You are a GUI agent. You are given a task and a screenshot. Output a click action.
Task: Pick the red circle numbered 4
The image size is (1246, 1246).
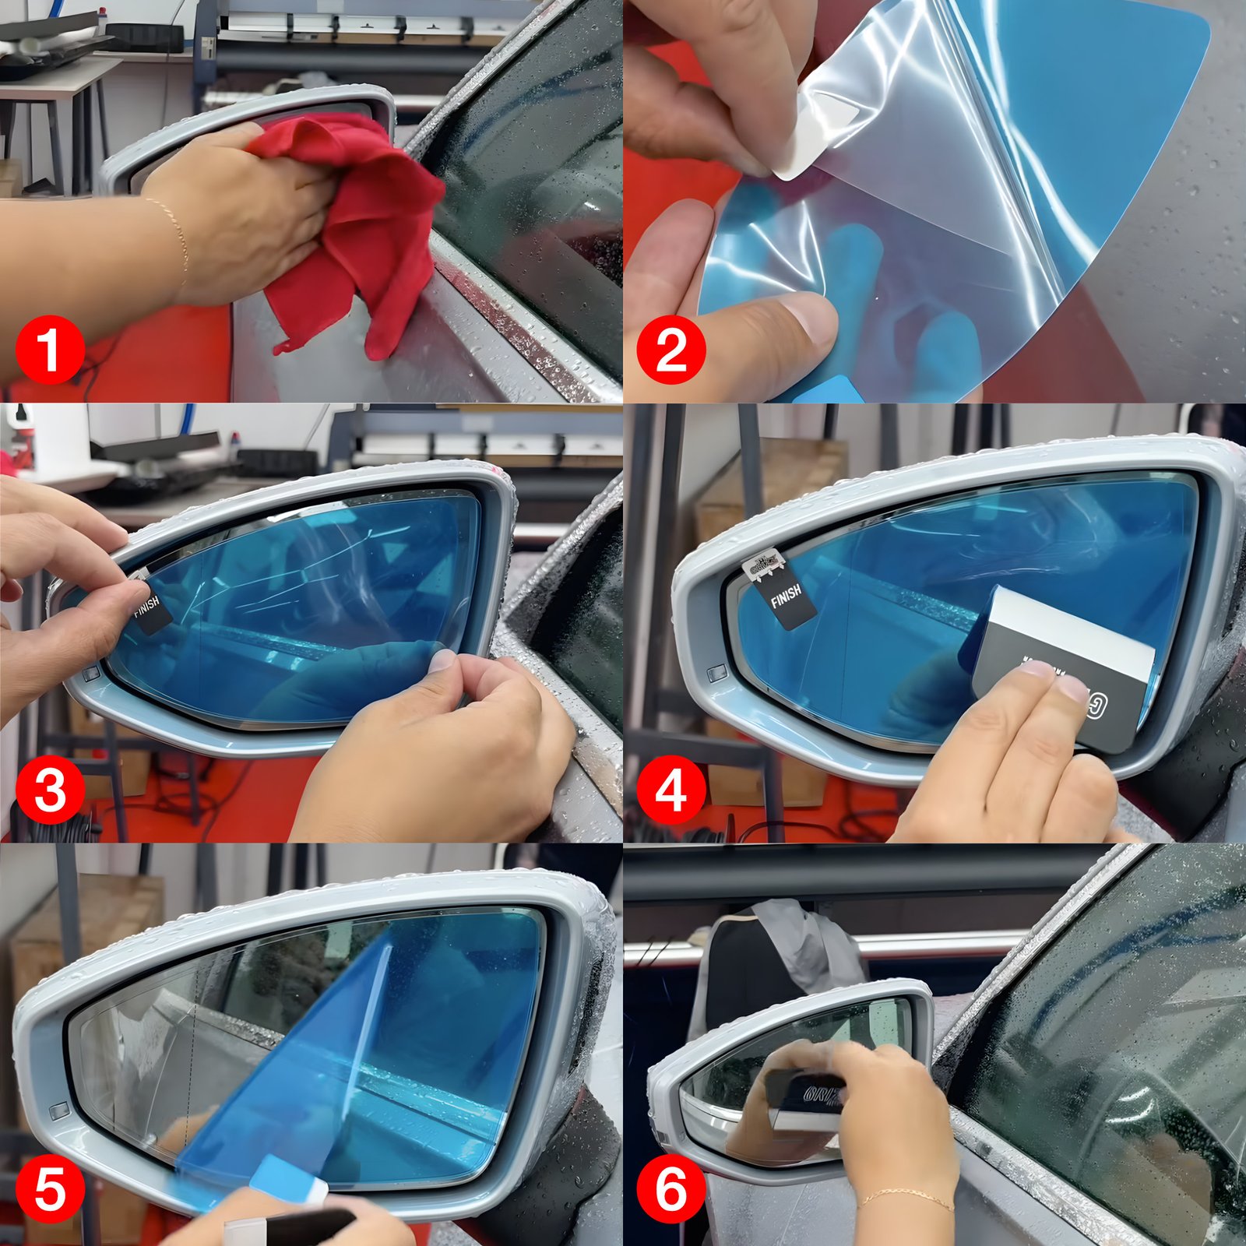(x=671, y=790)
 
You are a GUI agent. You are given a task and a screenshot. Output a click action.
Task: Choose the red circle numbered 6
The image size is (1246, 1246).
(x=671, y=1189)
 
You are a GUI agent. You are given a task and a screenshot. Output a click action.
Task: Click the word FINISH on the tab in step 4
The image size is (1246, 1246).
(x=786, y=597)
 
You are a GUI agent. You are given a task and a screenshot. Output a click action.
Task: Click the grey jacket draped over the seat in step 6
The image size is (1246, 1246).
(x=810, y=946)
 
